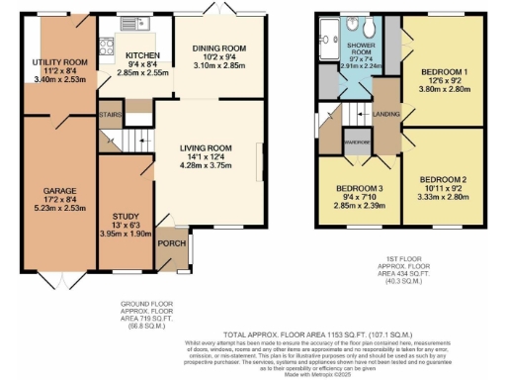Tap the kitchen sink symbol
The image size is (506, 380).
[129, 22]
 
